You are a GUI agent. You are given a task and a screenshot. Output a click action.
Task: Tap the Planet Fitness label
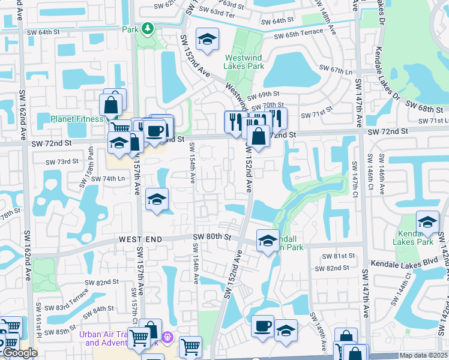point(77,119)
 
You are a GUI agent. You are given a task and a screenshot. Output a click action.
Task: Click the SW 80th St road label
point(212,236)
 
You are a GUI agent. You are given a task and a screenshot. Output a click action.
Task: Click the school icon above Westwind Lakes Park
point(207,40)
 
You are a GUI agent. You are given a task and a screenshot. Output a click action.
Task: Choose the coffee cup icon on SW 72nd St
point(155,130)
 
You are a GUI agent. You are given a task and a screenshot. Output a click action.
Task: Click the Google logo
point(20,353)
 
